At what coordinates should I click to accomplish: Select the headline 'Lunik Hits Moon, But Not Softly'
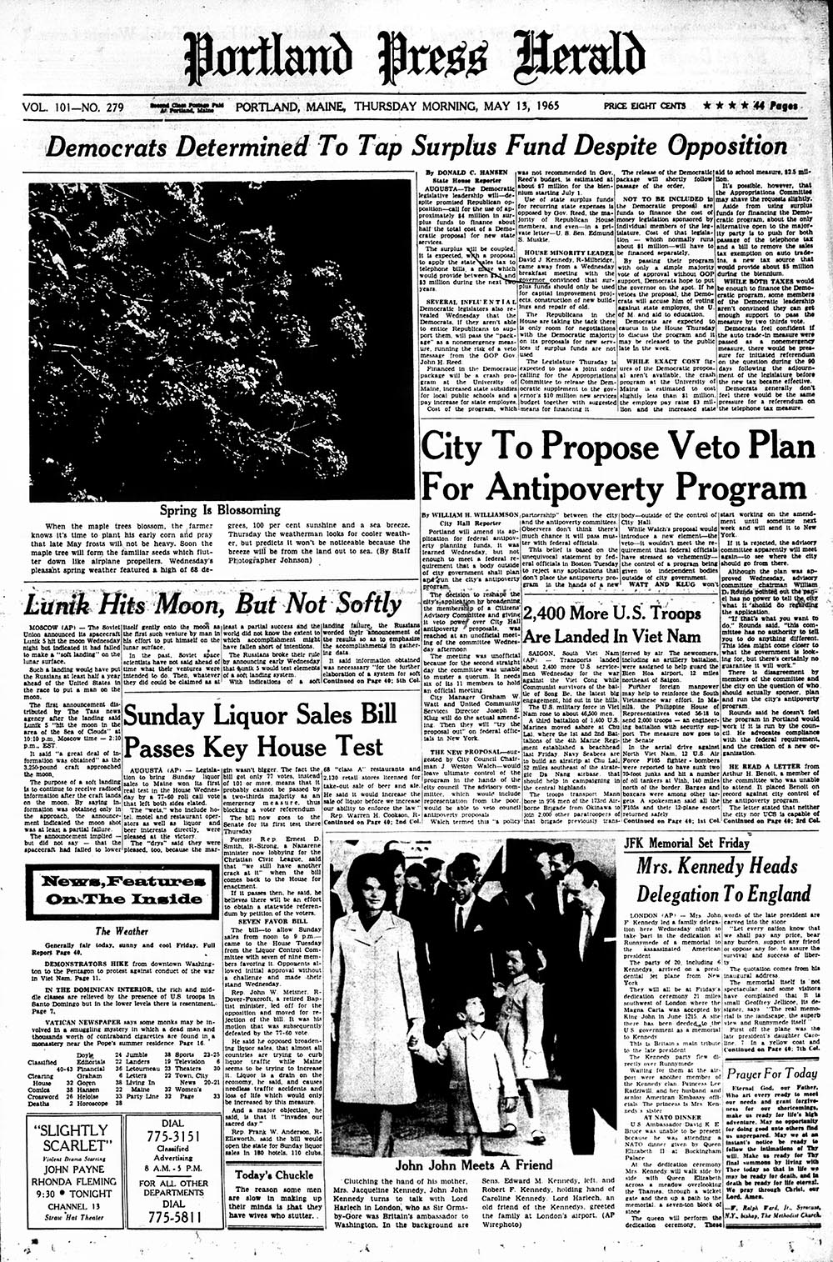tap(212, 604)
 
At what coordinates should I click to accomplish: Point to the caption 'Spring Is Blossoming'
tap(221, 509)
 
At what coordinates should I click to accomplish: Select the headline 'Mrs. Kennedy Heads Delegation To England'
tap(716, 880)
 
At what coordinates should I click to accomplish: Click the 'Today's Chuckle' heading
tap(263, 1175)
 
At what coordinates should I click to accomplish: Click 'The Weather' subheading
tap(115, 931)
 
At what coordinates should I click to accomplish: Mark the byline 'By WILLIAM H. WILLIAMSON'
tap(470, 518)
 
